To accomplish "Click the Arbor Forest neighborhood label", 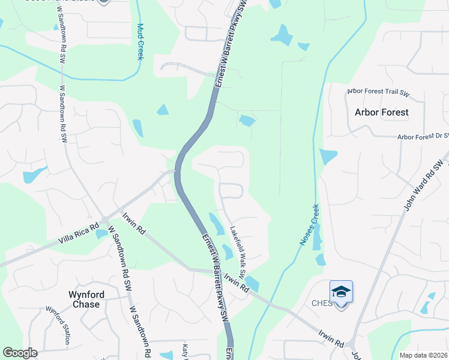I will click(381, 112).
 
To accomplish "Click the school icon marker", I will click(341, 292).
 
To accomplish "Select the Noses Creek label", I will click(309, 225).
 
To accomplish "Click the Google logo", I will click(20, 353).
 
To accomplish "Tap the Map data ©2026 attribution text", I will click(423, 355).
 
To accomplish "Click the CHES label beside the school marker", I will click(322, 303).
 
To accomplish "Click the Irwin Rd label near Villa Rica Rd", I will click(134, 223).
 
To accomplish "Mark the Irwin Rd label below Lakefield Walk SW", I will click(237, 281).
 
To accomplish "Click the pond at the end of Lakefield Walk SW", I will click(252, 284).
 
